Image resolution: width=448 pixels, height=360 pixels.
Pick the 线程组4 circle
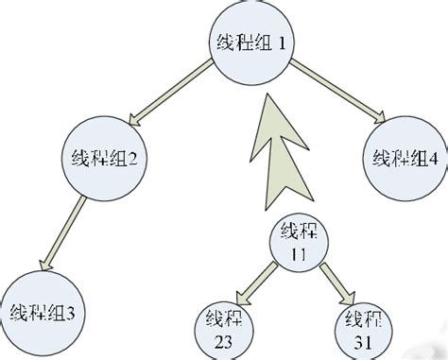(404, 157)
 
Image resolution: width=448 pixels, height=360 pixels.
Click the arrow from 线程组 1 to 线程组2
(170, 94)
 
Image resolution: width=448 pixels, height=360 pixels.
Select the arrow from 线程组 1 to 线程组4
(336, 94)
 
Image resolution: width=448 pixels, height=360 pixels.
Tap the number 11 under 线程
(299, 253)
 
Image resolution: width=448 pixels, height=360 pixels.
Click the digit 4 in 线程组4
(432, 158)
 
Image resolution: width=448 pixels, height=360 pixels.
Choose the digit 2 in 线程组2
(134, 158)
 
